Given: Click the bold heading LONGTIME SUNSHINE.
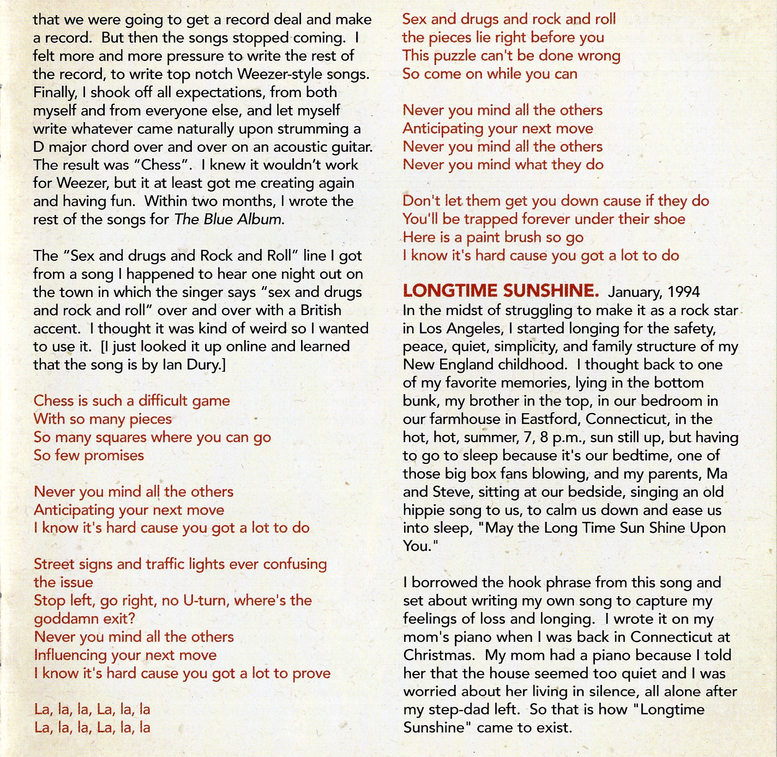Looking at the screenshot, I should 501,291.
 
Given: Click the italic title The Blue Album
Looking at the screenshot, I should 229,220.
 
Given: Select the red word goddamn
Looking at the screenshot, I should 68,619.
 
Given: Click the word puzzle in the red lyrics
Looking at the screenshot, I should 456,56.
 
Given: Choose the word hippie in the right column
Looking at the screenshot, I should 424,510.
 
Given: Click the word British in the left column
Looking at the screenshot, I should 321,310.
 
